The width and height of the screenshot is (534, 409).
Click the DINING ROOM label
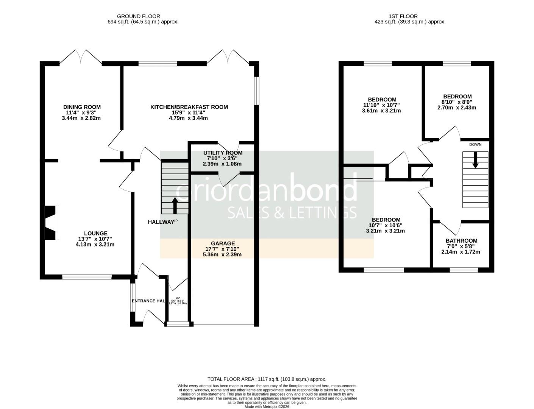[82, 107]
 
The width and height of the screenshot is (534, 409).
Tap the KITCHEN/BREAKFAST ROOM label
[189, 107]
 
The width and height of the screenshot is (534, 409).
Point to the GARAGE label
[223, 244]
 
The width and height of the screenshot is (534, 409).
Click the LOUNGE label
[95, 234]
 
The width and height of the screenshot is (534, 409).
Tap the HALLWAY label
[161, 222]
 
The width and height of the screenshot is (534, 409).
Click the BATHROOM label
[461, 241]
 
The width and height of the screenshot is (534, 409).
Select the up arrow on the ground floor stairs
[175, 206]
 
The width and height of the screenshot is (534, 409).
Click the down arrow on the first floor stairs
[475, 160]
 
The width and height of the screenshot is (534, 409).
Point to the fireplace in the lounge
[52, 223]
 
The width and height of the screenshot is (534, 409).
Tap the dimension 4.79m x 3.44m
[188, 118]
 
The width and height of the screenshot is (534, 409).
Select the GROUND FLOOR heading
[138, 16]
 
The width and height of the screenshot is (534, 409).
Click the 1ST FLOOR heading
[403, 16]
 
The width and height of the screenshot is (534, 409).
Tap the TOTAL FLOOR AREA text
[267, 379]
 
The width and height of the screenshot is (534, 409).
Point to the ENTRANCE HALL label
[148, 301]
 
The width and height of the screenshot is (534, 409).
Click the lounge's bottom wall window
[87, 277]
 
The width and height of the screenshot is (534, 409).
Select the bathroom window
[464, 270]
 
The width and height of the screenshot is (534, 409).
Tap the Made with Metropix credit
[267, 407]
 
